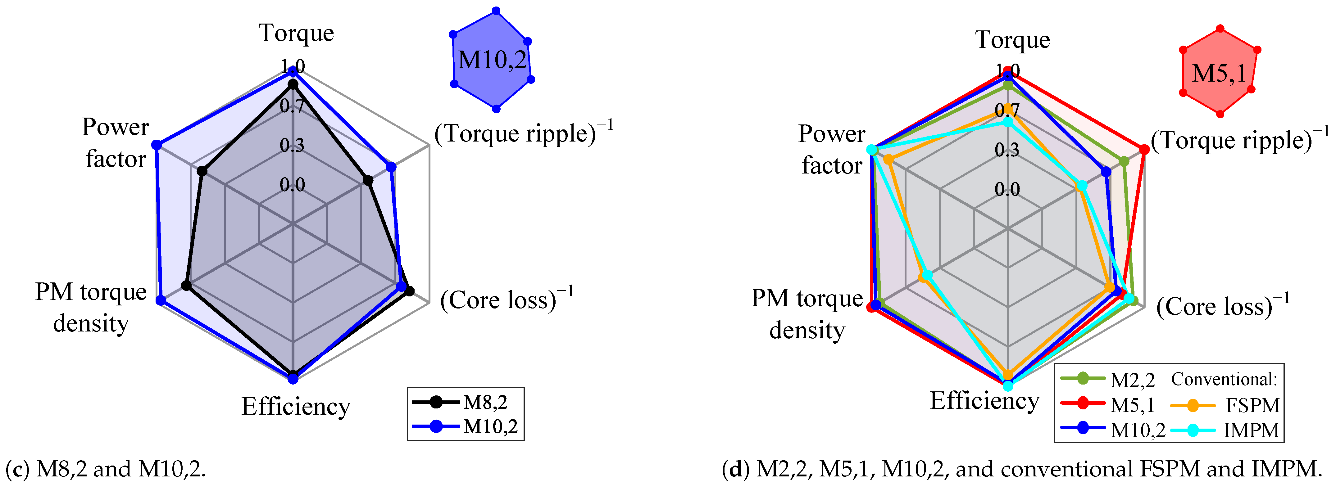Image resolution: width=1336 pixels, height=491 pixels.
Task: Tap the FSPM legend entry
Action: tap(1227, 405)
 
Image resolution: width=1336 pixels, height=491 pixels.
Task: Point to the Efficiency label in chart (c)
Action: tap(296, 407)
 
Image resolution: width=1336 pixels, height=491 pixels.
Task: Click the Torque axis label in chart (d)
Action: tap(1012, 40)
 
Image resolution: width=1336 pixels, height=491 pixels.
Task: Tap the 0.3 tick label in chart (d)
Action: tap(1007, 150)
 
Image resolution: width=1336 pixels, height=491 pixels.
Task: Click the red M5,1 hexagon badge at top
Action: tap(1219, 73)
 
